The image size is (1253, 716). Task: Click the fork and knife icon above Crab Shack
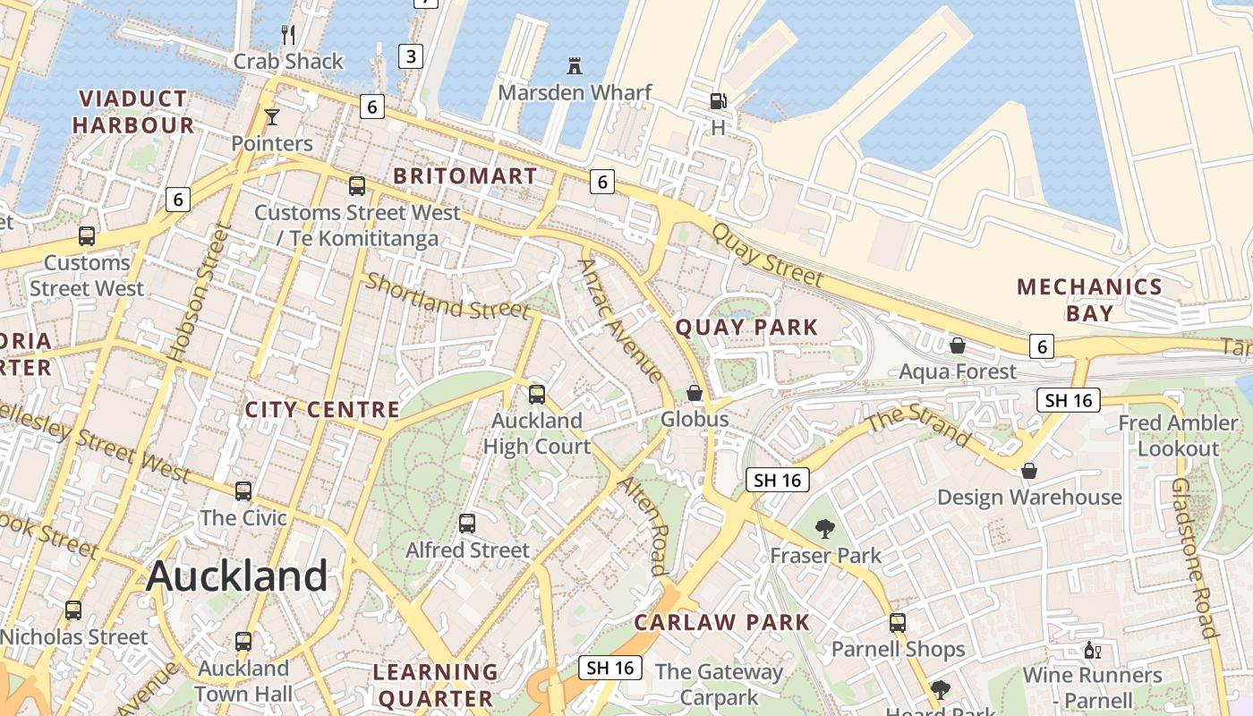288,35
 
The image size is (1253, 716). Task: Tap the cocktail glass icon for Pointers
272,117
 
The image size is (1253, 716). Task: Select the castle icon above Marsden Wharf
574,66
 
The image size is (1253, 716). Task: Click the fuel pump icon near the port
718,101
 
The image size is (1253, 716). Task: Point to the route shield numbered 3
410,56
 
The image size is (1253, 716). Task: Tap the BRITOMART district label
465,176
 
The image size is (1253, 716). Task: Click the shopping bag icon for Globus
694,393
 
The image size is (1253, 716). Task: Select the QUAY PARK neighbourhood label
746,328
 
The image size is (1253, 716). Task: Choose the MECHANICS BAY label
1089,300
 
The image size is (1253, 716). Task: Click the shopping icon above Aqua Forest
958,345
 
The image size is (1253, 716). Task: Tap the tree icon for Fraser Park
825,530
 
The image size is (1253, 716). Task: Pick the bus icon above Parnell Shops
898,623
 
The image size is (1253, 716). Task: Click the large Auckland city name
237,575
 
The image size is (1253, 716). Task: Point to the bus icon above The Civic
243,491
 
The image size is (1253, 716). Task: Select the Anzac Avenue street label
622,320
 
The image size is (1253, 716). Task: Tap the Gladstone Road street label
1195,557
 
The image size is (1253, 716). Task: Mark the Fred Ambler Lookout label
1178,435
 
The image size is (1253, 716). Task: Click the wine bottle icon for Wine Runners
1091,650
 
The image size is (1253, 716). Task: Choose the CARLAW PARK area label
721,622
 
